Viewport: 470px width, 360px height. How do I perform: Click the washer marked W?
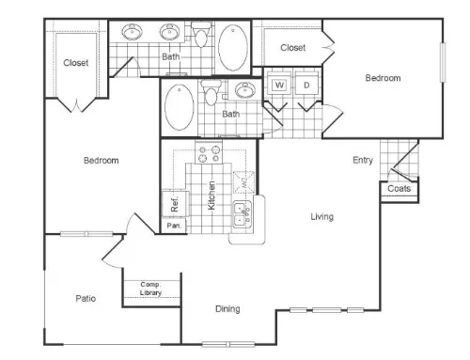(279, 85)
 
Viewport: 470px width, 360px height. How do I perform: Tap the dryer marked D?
(306, 85)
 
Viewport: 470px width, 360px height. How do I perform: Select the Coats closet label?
(399, 189)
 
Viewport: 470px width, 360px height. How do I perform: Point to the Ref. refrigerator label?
(175, 204)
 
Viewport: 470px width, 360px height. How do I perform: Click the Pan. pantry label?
(174, 226)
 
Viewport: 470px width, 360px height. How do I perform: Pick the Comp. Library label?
(150, 289)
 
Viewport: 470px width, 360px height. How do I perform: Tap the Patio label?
(86, 298)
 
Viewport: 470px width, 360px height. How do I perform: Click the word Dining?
(227, 309)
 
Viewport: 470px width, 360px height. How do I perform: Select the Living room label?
(322, 216)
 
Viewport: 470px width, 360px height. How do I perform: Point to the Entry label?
(363, 160)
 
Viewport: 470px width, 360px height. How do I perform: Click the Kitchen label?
(211, 196)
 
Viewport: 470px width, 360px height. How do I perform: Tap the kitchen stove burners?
(209, 152)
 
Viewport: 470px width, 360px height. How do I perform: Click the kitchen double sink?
(242, 213)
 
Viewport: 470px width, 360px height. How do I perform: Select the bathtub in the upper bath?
(233, 48)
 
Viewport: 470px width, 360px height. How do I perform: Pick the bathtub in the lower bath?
(180, 107)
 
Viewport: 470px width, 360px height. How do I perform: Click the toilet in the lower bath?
(211, 92)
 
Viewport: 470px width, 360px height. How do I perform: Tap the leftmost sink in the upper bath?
(133, 32)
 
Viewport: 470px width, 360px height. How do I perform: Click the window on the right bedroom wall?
(443, 63)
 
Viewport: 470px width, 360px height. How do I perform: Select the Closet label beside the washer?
(292, 48)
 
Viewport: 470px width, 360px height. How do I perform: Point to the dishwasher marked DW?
(244, 181)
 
